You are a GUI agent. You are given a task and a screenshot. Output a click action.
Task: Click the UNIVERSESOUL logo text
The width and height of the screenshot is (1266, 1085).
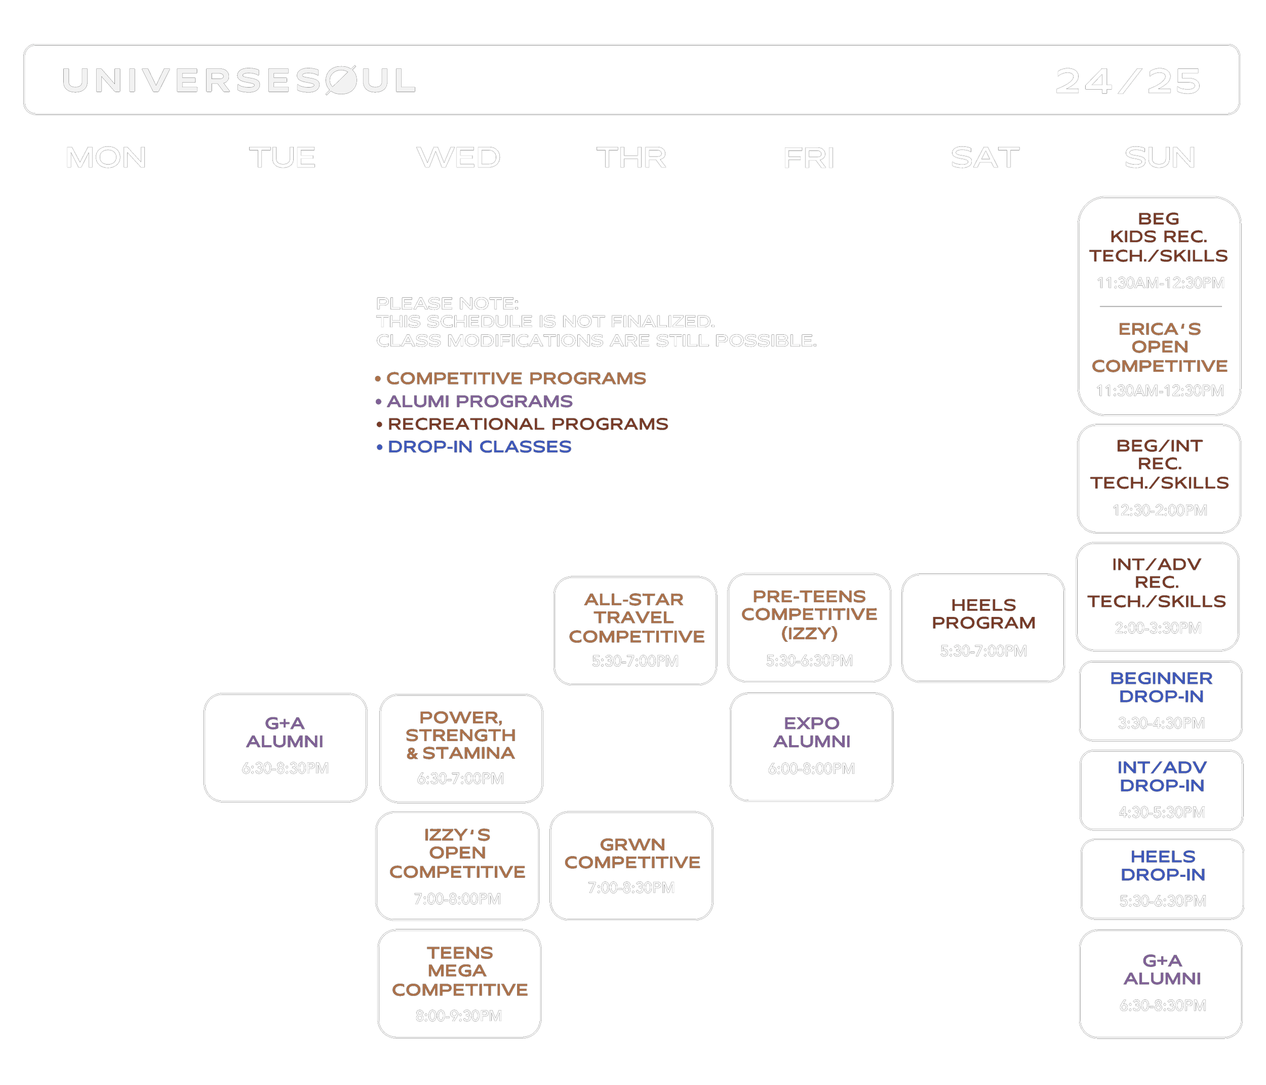[x=239, y=81]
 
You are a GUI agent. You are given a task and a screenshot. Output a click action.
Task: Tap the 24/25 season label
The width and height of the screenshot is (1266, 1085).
[x=1128, y=81]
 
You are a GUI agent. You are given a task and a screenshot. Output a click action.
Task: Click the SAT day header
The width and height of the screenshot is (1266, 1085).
[x=985, y=158]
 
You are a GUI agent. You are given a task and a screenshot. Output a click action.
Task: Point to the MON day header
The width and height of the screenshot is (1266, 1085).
[x=106, y=158]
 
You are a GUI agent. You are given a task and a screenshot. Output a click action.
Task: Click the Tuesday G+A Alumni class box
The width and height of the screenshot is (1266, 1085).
[x=285, y=747]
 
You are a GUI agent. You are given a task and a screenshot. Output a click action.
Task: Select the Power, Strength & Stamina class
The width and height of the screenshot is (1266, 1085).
[x=461, y=748]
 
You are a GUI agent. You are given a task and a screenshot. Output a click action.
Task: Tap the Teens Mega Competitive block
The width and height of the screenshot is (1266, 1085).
[x=459, y=983]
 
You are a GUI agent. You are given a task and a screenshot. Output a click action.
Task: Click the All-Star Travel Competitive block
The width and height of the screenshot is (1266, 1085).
[x=635, y=630]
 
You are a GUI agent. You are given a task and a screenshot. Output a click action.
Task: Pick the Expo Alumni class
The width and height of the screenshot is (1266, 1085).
[x=811, y=746]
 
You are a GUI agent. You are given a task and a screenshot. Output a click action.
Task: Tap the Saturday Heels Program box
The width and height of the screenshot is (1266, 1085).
[x=983, y=627]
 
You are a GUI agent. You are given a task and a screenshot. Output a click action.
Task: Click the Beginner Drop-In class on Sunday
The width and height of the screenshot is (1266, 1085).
[x=1161, y=700]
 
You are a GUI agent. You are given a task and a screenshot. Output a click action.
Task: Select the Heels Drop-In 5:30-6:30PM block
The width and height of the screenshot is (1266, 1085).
[x=1162, y=878]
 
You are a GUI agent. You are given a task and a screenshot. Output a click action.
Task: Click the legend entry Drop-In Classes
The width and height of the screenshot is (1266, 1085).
[x=479, y=447]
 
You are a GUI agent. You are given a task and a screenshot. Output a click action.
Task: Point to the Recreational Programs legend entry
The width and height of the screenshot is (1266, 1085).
[x=527, y=424]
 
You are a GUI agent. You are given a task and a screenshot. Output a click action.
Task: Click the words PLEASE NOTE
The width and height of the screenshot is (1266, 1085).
[x=447, y=304]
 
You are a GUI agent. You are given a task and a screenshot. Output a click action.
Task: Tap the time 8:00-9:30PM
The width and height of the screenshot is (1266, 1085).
[x=459, y=1015]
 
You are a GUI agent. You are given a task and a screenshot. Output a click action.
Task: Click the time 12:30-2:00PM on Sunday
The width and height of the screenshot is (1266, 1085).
[x=1159, y=511]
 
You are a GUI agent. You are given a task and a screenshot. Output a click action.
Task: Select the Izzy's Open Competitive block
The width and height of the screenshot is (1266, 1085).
[x=457, y=865]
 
